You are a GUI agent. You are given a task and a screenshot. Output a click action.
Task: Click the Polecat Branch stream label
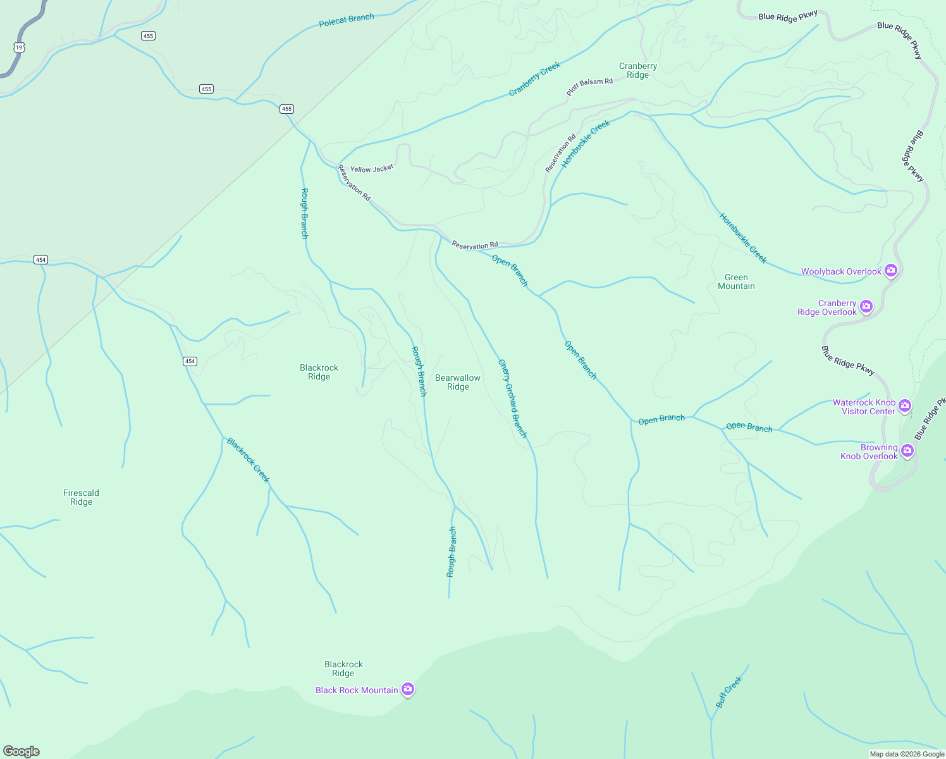tap(347, 20)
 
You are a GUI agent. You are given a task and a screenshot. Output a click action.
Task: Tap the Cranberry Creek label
tap(535, 79)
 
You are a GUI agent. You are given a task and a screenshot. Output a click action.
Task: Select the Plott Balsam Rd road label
tap(589, 87)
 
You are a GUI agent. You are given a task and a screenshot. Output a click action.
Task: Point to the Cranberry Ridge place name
tap(638, 70)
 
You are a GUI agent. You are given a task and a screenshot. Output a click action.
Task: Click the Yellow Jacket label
tap(372, 169)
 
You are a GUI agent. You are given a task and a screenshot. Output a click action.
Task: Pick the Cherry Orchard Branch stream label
tap(512, 398)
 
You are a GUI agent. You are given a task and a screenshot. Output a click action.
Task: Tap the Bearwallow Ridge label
tap(458, 382)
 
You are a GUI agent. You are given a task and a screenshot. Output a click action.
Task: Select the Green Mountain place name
tap(736, 281)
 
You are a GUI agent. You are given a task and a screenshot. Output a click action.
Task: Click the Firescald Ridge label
tap(81, 497)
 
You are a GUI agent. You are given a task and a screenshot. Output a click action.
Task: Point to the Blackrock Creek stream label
tap(249, 460)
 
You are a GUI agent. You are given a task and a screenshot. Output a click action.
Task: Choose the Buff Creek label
tap(729, 692)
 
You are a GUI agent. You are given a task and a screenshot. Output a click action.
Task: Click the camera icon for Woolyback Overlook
tap(891, 271)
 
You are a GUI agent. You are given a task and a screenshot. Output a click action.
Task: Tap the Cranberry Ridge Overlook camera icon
tap(866, 307)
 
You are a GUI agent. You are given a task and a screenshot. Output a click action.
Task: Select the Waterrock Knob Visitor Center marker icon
tap(905, 405)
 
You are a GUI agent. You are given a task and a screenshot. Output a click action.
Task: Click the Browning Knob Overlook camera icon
tap(907, 450)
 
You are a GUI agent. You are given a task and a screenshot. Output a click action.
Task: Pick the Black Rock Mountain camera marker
tap(408, 689)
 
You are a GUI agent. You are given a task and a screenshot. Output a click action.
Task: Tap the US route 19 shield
tap(19, 47)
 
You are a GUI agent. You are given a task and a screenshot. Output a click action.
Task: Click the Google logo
tap(21, 751)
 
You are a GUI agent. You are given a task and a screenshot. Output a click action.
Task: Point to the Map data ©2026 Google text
tap(907, 754)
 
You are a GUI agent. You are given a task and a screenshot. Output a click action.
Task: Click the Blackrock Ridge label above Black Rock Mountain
tap(343, 669)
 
